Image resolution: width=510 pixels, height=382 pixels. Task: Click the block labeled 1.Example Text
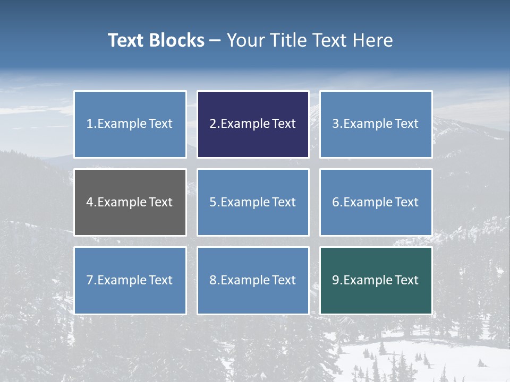(130, 124)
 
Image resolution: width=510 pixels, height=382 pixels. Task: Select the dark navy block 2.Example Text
(253, 124)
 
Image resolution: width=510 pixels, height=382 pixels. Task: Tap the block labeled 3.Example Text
(376, 124)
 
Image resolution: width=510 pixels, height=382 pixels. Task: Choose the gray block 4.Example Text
(130, 202)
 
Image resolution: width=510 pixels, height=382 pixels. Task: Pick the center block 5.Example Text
(253, 202)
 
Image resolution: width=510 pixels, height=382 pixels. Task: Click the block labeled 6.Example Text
(376, 202)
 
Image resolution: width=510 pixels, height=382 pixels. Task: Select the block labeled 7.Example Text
(130, 280)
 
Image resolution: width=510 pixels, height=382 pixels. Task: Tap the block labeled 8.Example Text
(253, 280)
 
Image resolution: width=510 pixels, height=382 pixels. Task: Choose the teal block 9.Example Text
(376, 280)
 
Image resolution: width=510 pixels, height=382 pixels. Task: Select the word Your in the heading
(245, 40)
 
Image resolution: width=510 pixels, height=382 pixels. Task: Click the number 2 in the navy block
(212, 124)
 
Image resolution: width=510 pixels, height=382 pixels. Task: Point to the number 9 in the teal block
(335, 280)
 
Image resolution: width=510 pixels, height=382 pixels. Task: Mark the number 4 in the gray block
(90, 202)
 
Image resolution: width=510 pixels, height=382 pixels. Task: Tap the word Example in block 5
(245, 202)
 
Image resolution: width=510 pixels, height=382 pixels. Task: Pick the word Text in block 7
(160, 280)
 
